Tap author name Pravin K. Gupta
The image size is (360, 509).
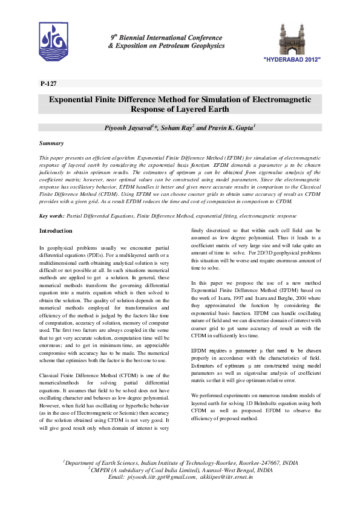click(x=233, y=129)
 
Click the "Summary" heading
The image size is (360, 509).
click(x=51, y=144)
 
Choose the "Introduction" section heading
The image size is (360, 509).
click(x=56, y=232)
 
